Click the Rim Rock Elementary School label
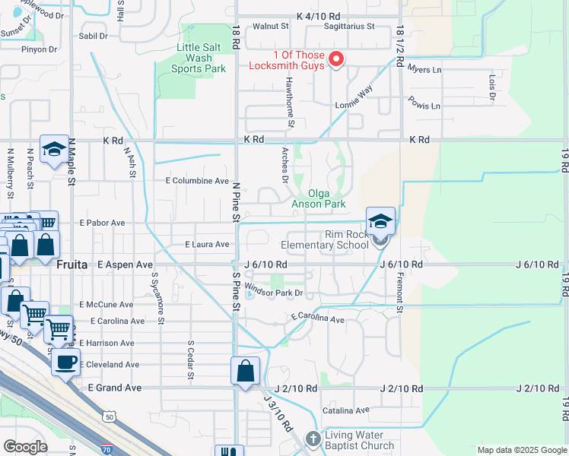[x=325, y=239]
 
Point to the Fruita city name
[x=73, y=264]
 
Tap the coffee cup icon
[x=65, y=363]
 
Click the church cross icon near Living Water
[x=313, y=439]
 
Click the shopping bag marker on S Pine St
[x=245, y=372]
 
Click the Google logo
[x=25, y=447]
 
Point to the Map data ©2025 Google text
[x=521, y=450]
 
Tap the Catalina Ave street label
[x=345, y=410]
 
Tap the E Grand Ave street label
[x=115, y=388]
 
